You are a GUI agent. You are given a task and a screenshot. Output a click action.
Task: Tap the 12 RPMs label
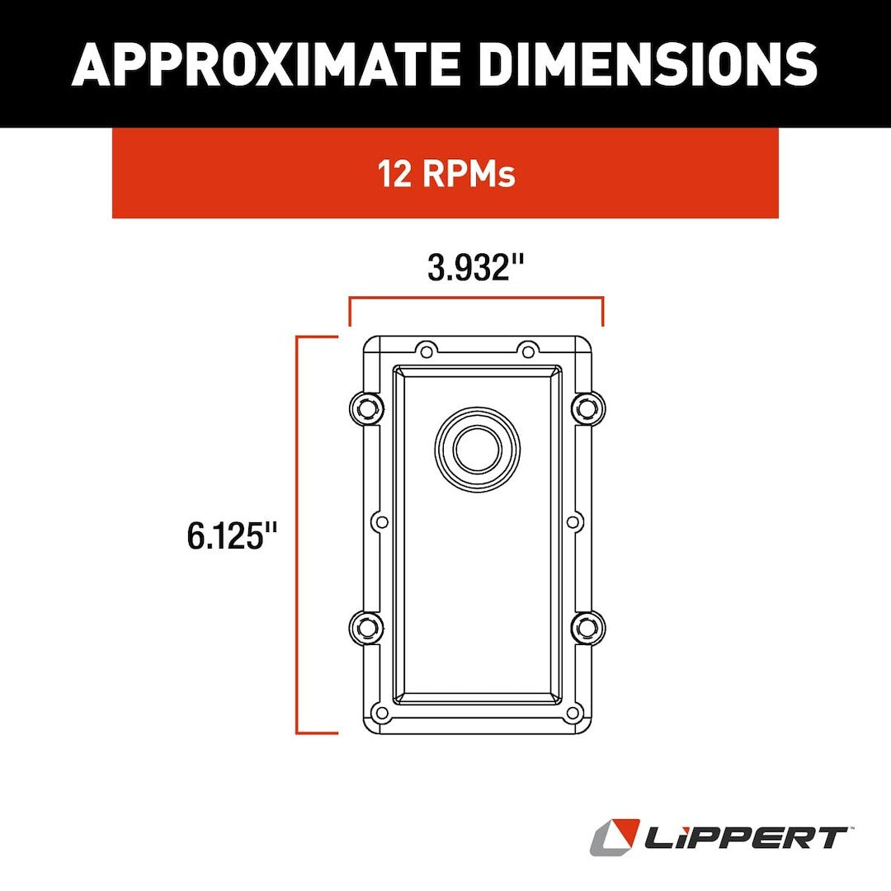click(446, 174)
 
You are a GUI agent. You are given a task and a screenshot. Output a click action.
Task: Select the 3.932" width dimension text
click(476, 267)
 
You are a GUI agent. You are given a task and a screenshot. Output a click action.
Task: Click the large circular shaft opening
click(478, 449)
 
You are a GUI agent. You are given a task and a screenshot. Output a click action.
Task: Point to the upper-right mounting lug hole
click(586, 407)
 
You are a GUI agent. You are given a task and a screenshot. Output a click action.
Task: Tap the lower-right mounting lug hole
click(586, 628)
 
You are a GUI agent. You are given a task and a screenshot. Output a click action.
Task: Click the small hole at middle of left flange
click(381, 521)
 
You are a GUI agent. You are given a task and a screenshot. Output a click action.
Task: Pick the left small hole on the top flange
click(426, 351)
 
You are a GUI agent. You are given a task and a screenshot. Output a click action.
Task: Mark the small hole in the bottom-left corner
click(380, 713)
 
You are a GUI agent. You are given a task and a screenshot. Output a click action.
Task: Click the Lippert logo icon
click(615, 837)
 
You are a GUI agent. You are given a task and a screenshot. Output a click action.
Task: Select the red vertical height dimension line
click(298, 535)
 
